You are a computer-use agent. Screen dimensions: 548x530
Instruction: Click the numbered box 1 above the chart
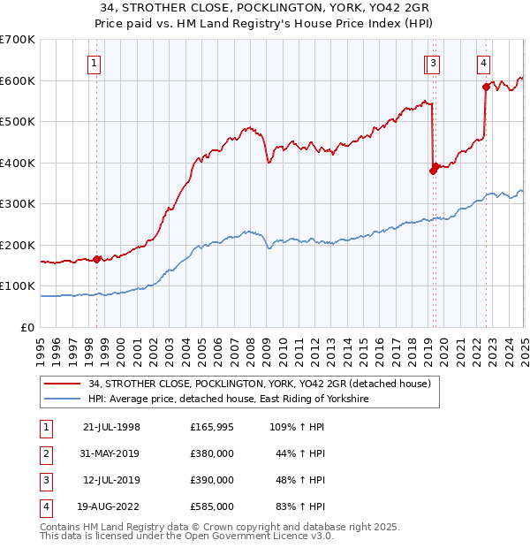[94, 63]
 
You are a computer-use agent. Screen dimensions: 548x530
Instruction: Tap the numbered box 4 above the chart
[484, 63]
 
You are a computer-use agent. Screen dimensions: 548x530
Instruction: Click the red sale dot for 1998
[96, 259]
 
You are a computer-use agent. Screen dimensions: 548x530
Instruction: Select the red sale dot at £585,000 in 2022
[486, 87]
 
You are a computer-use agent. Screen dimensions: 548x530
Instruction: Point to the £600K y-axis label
[18, 80]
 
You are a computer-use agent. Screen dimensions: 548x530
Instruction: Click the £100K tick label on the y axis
[18, 286]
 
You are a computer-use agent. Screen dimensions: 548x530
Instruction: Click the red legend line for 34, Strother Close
[63, 384]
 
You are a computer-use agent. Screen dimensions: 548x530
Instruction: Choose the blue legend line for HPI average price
[63, 400]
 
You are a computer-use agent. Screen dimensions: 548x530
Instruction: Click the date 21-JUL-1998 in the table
[112, 427]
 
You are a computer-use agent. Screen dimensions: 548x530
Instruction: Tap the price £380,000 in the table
[212, 453]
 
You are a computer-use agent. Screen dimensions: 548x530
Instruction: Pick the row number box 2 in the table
[43, 453]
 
